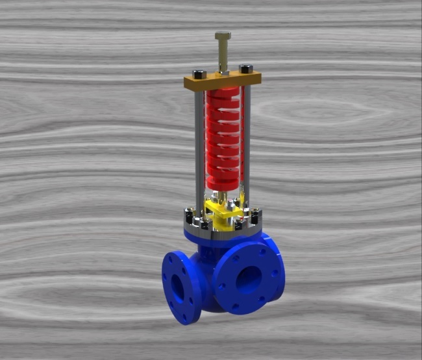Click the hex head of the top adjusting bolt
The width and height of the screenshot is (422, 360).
223,36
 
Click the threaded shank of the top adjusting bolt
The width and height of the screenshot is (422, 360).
223,55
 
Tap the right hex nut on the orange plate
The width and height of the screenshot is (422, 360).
245,68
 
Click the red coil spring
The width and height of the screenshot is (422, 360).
223,136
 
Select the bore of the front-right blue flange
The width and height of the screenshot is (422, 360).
248,278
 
